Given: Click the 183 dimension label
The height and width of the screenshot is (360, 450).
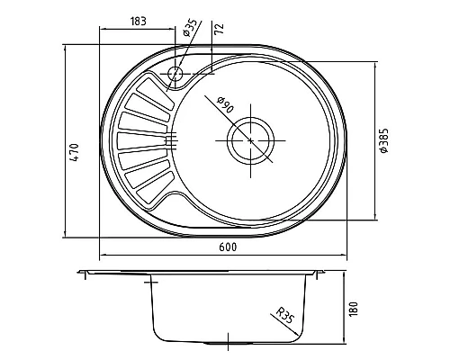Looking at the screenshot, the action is pos(139,22).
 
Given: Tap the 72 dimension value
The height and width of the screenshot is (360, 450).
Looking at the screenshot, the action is pos(220,28).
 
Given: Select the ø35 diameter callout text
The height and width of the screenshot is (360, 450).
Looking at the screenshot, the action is pos(191,27).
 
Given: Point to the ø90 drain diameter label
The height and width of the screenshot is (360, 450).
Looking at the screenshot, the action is pos(225,104).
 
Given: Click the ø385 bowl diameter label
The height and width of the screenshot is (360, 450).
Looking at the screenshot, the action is pos(383,140).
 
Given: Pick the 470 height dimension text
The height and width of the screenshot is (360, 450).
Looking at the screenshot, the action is pos(75,153).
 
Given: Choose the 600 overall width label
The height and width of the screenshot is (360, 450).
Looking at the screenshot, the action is pos(228,247).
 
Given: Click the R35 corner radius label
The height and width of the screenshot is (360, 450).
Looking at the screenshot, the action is pos(284,315).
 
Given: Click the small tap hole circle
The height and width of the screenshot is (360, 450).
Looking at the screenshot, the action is pos(175,73).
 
